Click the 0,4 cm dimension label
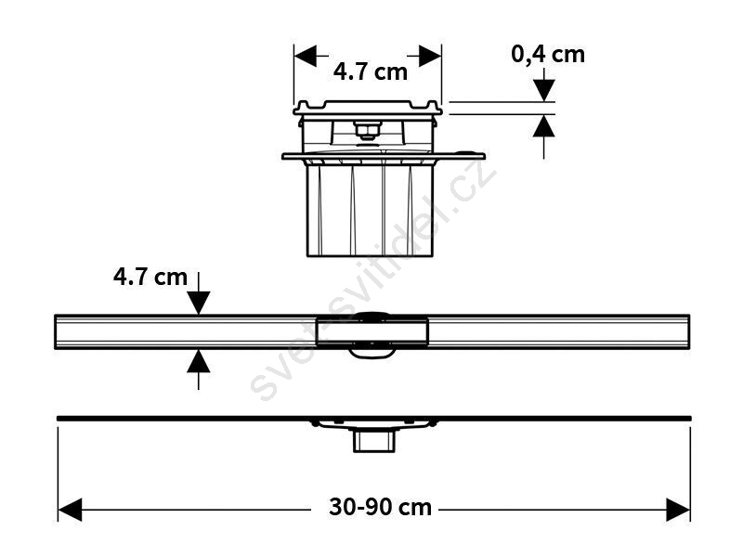[548, 55]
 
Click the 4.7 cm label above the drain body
[370, 72]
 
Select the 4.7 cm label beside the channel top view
[150, 277]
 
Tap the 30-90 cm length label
[380, 507]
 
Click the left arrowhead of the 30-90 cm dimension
[70, 510]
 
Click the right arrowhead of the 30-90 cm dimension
[678, 510]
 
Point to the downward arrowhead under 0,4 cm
[543, 90]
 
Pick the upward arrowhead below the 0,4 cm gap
[543, 126]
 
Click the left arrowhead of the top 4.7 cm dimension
[306, 56]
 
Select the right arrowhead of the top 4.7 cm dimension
[430, 56]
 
